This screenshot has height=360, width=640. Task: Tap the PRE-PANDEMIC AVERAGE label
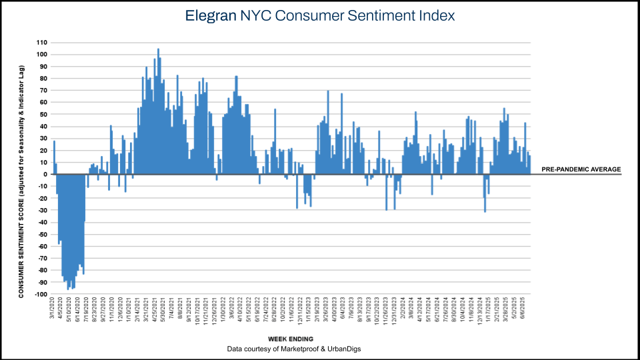pos(581,169)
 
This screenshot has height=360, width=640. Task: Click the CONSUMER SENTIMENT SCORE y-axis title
pos(22,181)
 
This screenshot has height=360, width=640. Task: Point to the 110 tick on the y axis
pos(42,42)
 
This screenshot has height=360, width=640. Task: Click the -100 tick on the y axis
pos(41,294)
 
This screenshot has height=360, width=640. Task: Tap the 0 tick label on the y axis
pos(46,175)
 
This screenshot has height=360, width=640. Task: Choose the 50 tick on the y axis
pos(44,114)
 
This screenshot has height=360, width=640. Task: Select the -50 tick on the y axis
pos(43,235)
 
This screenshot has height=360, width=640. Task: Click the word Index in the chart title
pos(435,15)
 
